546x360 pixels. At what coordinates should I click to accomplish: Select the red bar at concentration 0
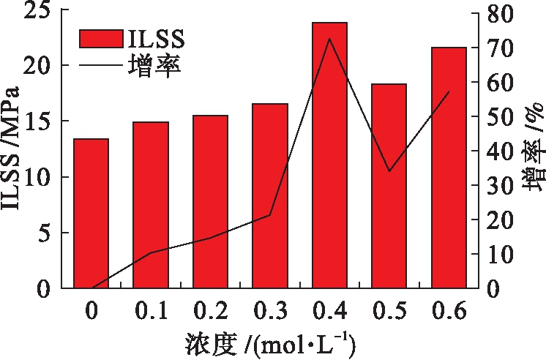coord(91,213)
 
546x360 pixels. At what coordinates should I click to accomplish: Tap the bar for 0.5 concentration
coord(389,186)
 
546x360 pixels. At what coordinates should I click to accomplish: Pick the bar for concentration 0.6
coord(449,168)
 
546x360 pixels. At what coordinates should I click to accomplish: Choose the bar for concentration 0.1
coord(150,205)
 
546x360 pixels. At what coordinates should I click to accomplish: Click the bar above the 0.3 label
coord(270,196)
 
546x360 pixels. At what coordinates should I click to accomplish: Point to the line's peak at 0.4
coord(329,39)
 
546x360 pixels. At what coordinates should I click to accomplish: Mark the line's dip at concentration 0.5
coord(389,171)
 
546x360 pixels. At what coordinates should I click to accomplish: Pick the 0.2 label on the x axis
coord(210,312)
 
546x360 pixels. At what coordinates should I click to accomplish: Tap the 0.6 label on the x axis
coord(449,312)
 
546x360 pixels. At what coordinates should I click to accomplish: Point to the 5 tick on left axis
coord(43,233)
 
